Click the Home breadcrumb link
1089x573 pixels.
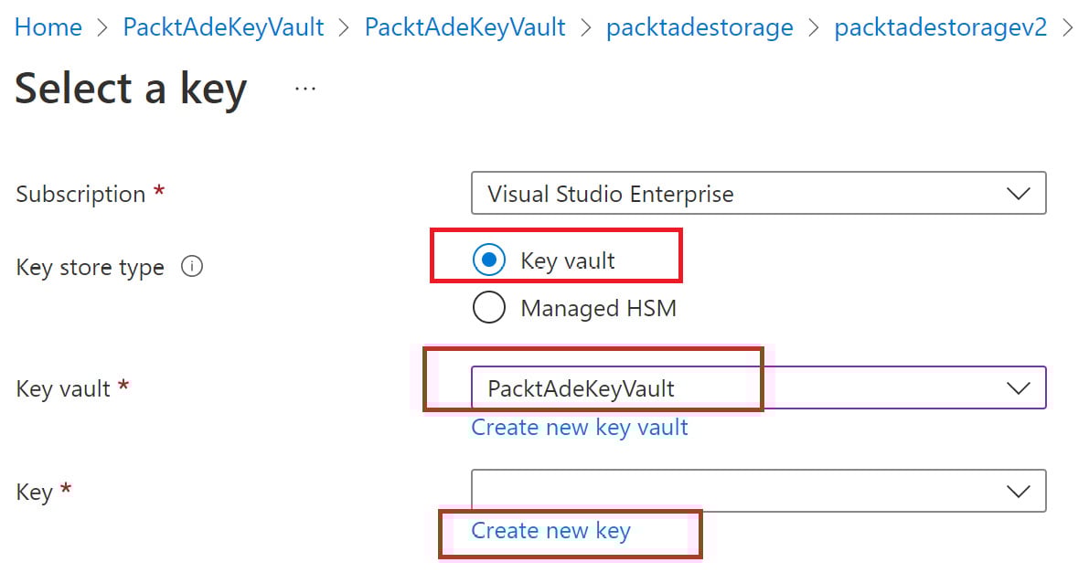(48, 27)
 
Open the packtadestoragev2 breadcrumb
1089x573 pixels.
(941, 27)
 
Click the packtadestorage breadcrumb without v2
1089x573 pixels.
(699, 27)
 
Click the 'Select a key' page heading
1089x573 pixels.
(131, 89)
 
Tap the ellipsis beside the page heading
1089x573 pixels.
(305, 89)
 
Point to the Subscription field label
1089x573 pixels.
(80, 195)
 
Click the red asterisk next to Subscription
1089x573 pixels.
(159, 193)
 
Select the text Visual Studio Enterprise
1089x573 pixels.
(610, 194)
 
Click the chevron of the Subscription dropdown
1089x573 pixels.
(1018, 194)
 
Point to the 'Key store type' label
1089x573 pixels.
(90, 268)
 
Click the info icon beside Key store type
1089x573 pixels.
(192, 268)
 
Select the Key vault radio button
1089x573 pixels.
(489, 260)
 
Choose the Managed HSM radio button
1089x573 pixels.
(489, 308)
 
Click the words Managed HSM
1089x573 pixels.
(598, 309)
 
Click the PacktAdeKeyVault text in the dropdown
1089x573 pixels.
(581, 388)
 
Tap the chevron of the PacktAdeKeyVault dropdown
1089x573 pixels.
(1018, 388)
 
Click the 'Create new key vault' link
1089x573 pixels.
(579, 428)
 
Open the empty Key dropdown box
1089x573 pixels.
(731, 492)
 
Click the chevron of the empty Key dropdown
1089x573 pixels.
(1018, 492)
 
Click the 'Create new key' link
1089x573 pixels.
(550, 531)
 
